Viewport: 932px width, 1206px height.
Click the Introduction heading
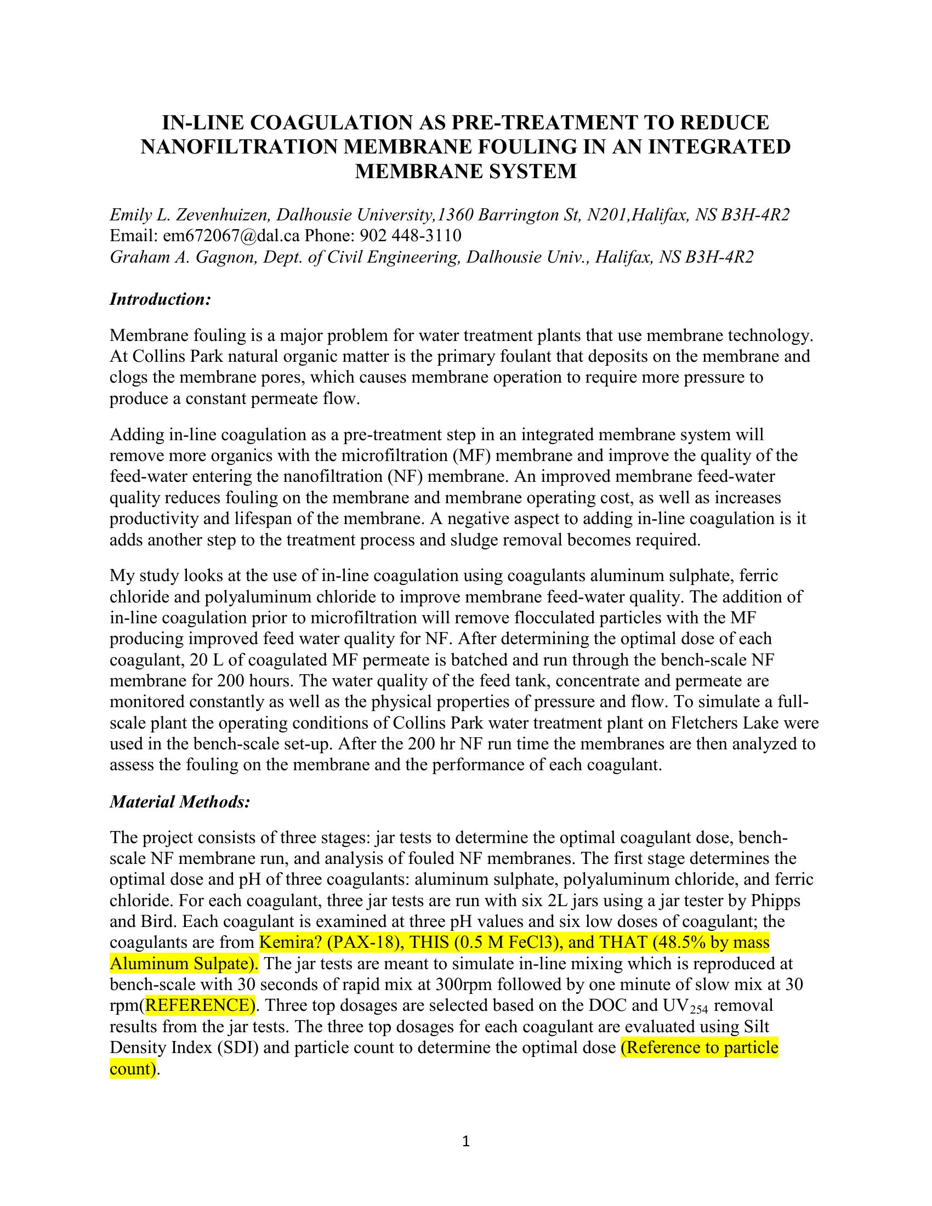(160, 300)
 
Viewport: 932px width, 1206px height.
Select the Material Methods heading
(180, 802)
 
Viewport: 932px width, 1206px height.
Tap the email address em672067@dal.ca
(231, 236)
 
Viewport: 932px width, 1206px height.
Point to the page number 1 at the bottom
(465, 1141)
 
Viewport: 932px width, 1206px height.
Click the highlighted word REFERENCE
(200, 1005)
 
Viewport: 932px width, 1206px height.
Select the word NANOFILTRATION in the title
(238, 147)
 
